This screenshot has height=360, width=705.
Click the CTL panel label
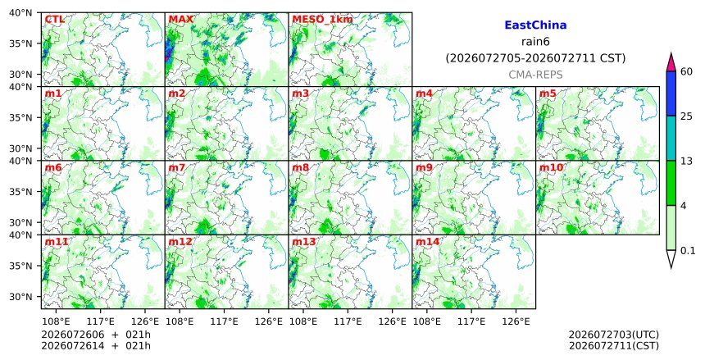click(x=54, y=20)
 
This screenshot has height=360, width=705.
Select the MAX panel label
click(x=180, y=20)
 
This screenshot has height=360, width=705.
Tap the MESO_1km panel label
click(x=322, y=20)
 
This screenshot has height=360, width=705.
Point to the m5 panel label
click(x=548, y=93)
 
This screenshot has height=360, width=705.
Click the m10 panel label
click(x=551, y=168)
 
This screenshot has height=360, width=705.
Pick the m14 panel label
click(x=427, y=242)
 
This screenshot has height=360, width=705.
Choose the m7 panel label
click(x=177, y=168)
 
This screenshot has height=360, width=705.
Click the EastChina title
click(x=535, y=25)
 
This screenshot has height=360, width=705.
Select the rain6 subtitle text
click(x=535, y=42)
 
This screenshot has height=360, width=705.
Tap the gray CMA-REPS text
click(x=535, y=75)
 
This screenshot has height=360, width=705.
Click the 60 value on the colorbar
click(x=687, y=71)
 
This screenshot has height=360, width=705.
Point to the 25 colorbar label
click(x=687, y=116)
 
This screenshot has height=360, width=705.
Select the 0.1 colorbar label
click(x=688, y=251)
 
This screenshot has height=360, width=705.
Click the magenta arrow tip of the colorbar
click(x=671, y=53)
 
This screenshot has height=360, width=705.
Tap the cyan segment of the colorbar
click(x=671, y=138)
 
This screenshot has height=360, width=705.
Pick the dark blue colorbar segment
click(x=671, y=93)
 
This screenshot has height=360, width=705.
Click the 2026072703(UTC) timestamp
click(x=614, y=335)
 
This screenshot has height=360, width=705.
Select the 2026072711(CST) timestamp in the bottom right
click(x=614, y=346)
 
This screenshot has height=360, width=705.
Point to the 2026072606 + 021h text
click(x=96, y=335)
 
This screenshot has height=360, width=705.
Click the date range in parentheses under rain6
click(x=535, y=58)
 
